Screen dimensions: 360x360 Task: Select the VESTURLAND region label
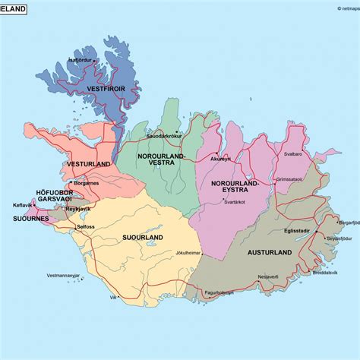89,163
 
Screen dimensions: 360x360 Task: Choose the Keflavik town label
23,205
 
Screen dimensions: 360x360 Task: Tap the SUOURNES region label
30,219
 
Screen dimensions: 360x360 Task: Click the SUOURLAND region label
143,238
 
